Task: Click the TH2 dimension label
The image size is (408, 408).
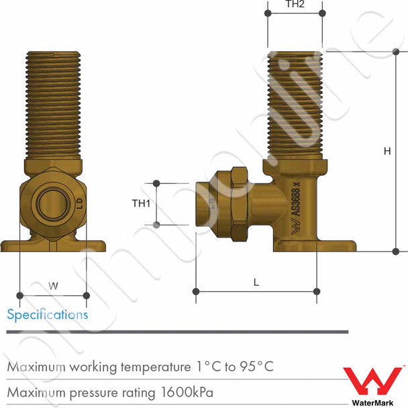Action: tap(295, 4)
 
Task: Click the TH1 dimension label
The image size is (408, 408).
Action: tap(140, 204)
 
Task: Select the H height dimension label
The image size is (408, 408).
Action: tap(387, 152)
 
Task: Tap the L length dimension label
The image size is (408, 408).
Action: tap(256, 283)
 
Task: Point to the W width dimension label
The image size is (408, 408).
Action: tap(54, 286)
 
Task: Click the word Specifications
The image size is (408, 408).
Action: tap(47, 314)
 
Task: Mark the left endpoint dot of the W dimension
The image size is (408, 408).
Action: tap(20, 295)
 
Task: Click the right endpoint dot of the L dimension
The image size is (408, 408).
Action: tap(317, 291)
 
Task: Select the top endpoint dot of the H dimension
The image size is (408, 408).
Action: tap(395, 52)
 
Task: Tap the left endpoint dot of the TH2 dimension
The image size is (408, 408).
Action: tap(268, 13)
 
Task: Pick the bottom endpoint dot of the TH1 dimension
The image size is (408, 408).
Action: tap(156, 225)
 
